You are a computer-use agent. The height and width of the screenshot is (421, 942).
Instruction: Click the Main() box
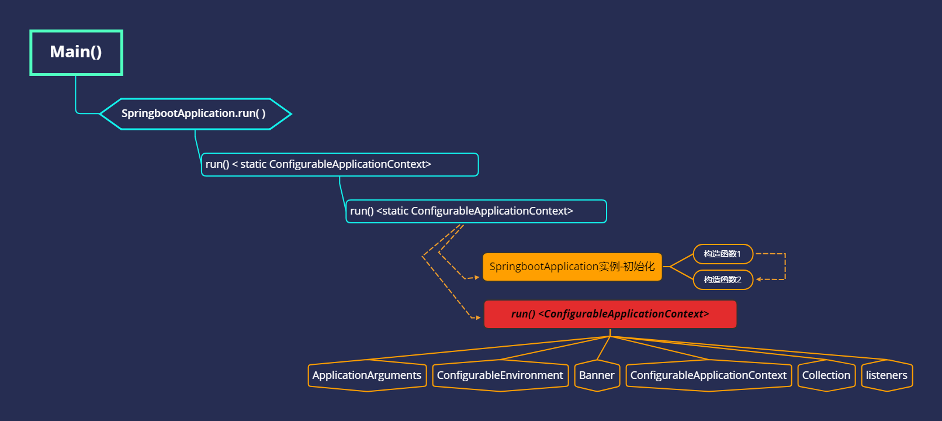[76, 53]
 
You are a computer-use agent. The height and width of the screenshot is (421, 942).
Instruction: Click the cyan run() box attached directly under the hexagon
[340, 164]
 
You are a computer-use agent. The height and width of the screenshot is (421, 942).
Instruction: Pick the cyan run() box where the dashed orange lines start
[476, 211]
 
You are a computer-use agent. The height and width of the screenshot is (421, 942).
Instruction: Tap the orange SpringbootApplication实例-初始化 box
[572, 267]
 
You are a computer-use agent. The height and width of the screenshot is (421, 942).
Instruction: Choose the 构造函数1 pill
[722, 254]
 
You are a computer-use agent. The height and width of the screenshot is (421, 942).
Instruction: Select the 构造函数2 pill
[722, 279]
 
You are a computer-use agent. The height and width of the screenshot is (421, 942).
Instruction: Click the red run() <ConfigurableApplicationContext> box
[610, 314]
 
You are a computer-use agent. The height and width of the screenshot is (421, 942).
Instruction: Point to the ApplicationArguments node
[367, 375]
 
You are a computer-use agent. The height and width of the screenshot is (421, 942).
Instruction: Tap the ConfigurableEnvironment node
[500, 375]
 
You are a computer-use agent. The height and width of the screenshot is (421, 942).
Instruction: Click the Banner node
[597, 375]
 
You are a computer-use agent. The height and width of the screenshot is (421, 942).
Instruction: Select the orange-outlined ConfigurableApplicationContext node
[708, 375]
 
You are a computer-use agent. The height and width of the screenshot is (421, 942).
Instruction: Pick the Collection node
[826, 375]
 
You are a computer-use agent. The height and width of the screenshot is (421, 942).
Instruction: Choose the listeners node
[886, 375]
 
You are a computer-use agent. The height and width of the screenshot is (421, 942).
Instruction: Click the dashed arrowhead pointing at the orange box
[477, 277]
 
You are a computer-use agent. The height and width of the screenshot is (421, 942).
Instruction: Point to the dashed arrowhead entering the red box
[478, 318]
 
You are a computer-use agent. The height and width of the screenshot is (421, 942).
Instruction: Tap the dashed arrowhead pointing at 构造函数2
[759, 279]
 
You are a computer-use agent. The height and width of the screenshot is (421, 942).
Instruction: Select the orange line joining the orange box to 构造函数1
[681, 260]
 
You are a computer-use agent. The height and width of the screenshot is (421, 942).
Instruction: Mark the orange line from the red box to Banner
[603, 348]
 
